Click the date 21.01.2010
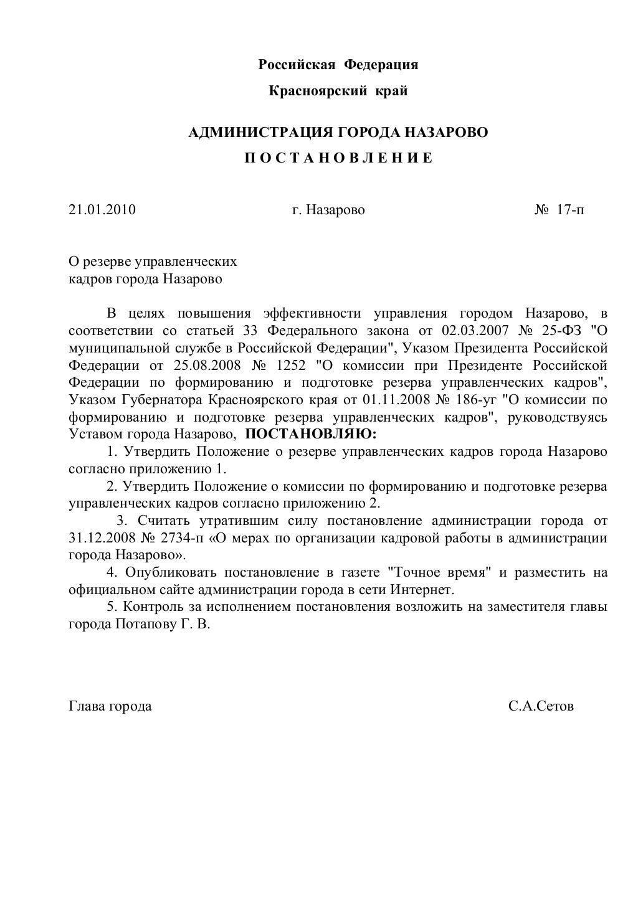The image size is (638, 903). point(102,210)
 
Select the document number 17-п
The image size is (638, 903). point(571,210)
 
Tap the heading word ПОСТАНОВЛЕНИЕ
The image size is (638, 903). point(338,158)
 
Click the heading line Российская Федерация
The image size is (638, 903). point(338,65)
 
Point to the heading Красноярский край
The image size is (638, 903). point(338,92)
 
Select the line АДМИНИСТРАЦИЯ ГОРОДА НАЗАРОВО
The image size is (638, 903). point(338,132)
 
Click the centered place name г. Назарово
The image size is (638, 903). point(328,210)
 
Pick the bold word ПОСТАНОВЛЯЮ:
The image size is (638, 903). point(311,433)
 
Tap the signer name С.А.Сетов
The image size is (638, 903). point(541,706)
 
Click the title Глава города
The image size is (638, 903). point(110,706)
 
